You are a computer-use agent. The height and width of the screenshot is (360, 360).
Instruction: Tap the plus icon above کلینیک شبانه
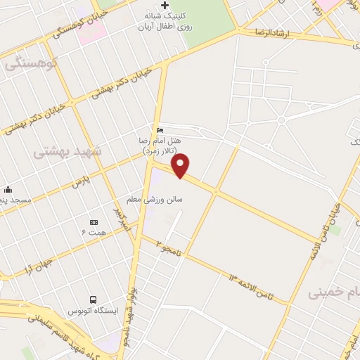tap(165, 6)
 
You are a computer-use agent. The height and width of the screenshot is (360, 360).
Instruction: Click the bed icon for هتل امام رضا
tap(160, 130)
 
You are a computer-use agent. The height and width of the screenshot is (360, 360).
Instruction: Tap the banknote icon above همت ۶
tap(94, 222)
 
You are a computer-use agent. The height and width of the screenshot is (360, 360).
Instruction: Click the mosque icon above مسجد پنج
tap(7, 189)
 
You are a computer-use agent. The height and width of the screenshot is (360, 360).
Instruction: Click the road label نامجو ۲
tap(169, 247)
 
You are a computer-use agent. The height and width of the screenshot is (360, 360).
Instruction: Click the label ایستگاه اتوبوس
tap(92, 310)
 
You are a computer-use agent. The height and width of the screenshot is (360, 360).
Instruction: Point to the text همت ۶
tap(94, 233)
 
